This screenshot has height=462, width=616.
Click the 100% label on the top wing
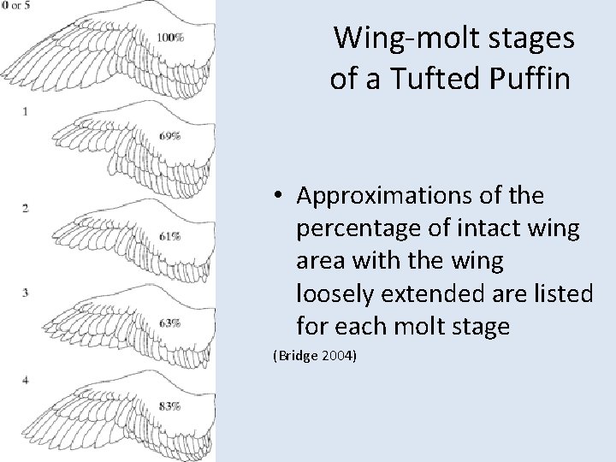pyautogui.click(x=171, y=38)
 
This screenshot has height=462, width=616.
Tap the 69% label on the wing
pyautogui.click(x=169, y=136)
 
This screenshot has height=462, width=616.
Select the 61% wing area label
pyautogui.click(x=169, y=236)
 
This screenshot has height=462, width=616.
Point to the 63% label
pyautogui.click(x=169, y=323)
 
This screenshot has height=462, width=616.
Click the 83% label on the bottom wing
pyautogui.click(x=169, y=407)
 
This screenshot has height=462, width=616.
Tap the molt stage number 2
pyautogui.click(x=26, y=208)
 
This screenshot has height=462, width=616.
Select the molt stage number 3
pyautogui.click(x=26, y=293)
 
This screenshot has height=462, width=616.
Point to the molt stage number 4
pyautogui.click(x=26, y=379)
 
